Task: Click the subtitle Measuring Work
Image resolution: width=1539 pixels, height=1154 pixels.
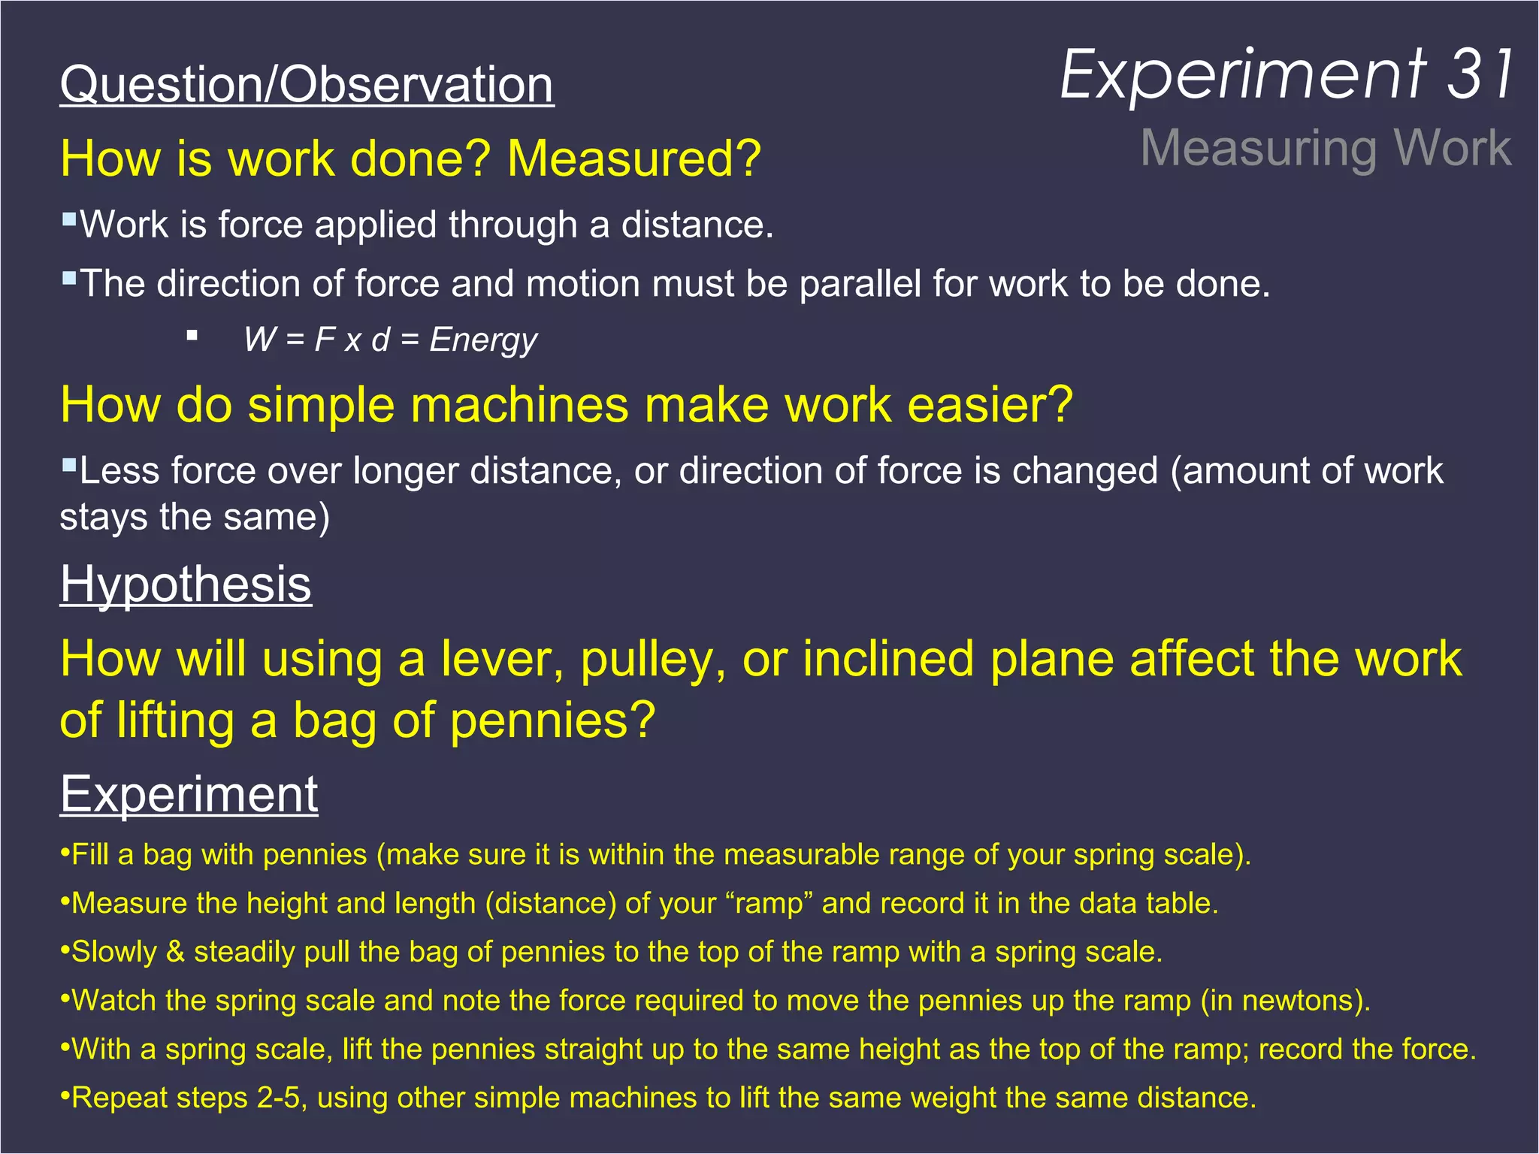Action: (1326, 148)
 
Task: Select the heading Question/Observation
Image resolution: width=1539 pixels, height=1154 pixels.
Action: (307, 84)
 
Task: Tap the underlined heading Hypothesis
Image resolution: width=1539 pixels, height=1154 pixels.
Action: (186, 584)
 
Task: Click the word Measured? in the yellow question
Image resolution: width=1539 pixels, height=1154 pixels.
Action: (634, 159)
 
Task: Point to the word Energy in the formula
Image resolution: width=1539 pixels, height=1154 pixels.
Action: (483, 340)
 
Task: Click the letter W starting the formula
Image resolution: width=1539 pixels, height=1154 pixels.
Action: (260, 340)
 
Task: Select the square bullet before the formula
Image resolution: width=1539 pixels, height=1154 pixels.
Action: (192, 336)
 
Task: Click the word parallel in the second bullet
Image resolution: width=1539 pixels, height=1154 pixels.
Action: (860, 284)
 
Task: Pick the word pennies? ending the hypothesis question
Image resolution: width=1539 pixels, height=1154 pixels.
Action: (553, 720)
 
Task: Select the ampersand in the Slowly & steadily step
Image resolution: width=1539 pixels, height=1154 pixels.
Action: (175, 952)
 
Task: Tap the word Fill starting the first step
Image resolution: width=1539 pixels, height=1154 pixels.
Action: (91, 855)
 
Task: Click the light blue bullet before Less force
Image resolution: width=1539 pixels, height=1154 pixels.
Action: (69, 465)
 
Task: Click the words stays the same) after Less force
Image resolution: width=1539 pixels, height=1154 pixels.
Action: (195, 518)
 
